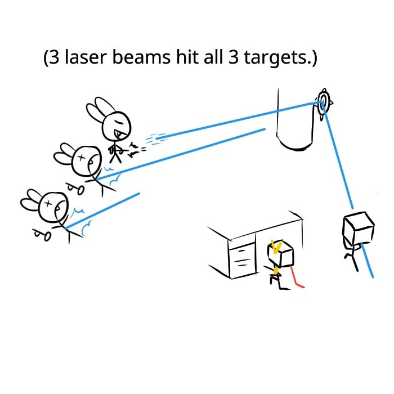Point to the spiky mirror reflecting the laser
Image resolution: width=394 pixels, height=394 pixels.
coord(323,103)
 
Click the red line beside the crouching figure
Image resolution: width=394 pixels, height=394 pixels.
coord(297,278)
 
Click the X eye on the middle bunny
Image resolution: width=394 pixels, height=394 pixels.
coord(82,158)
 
